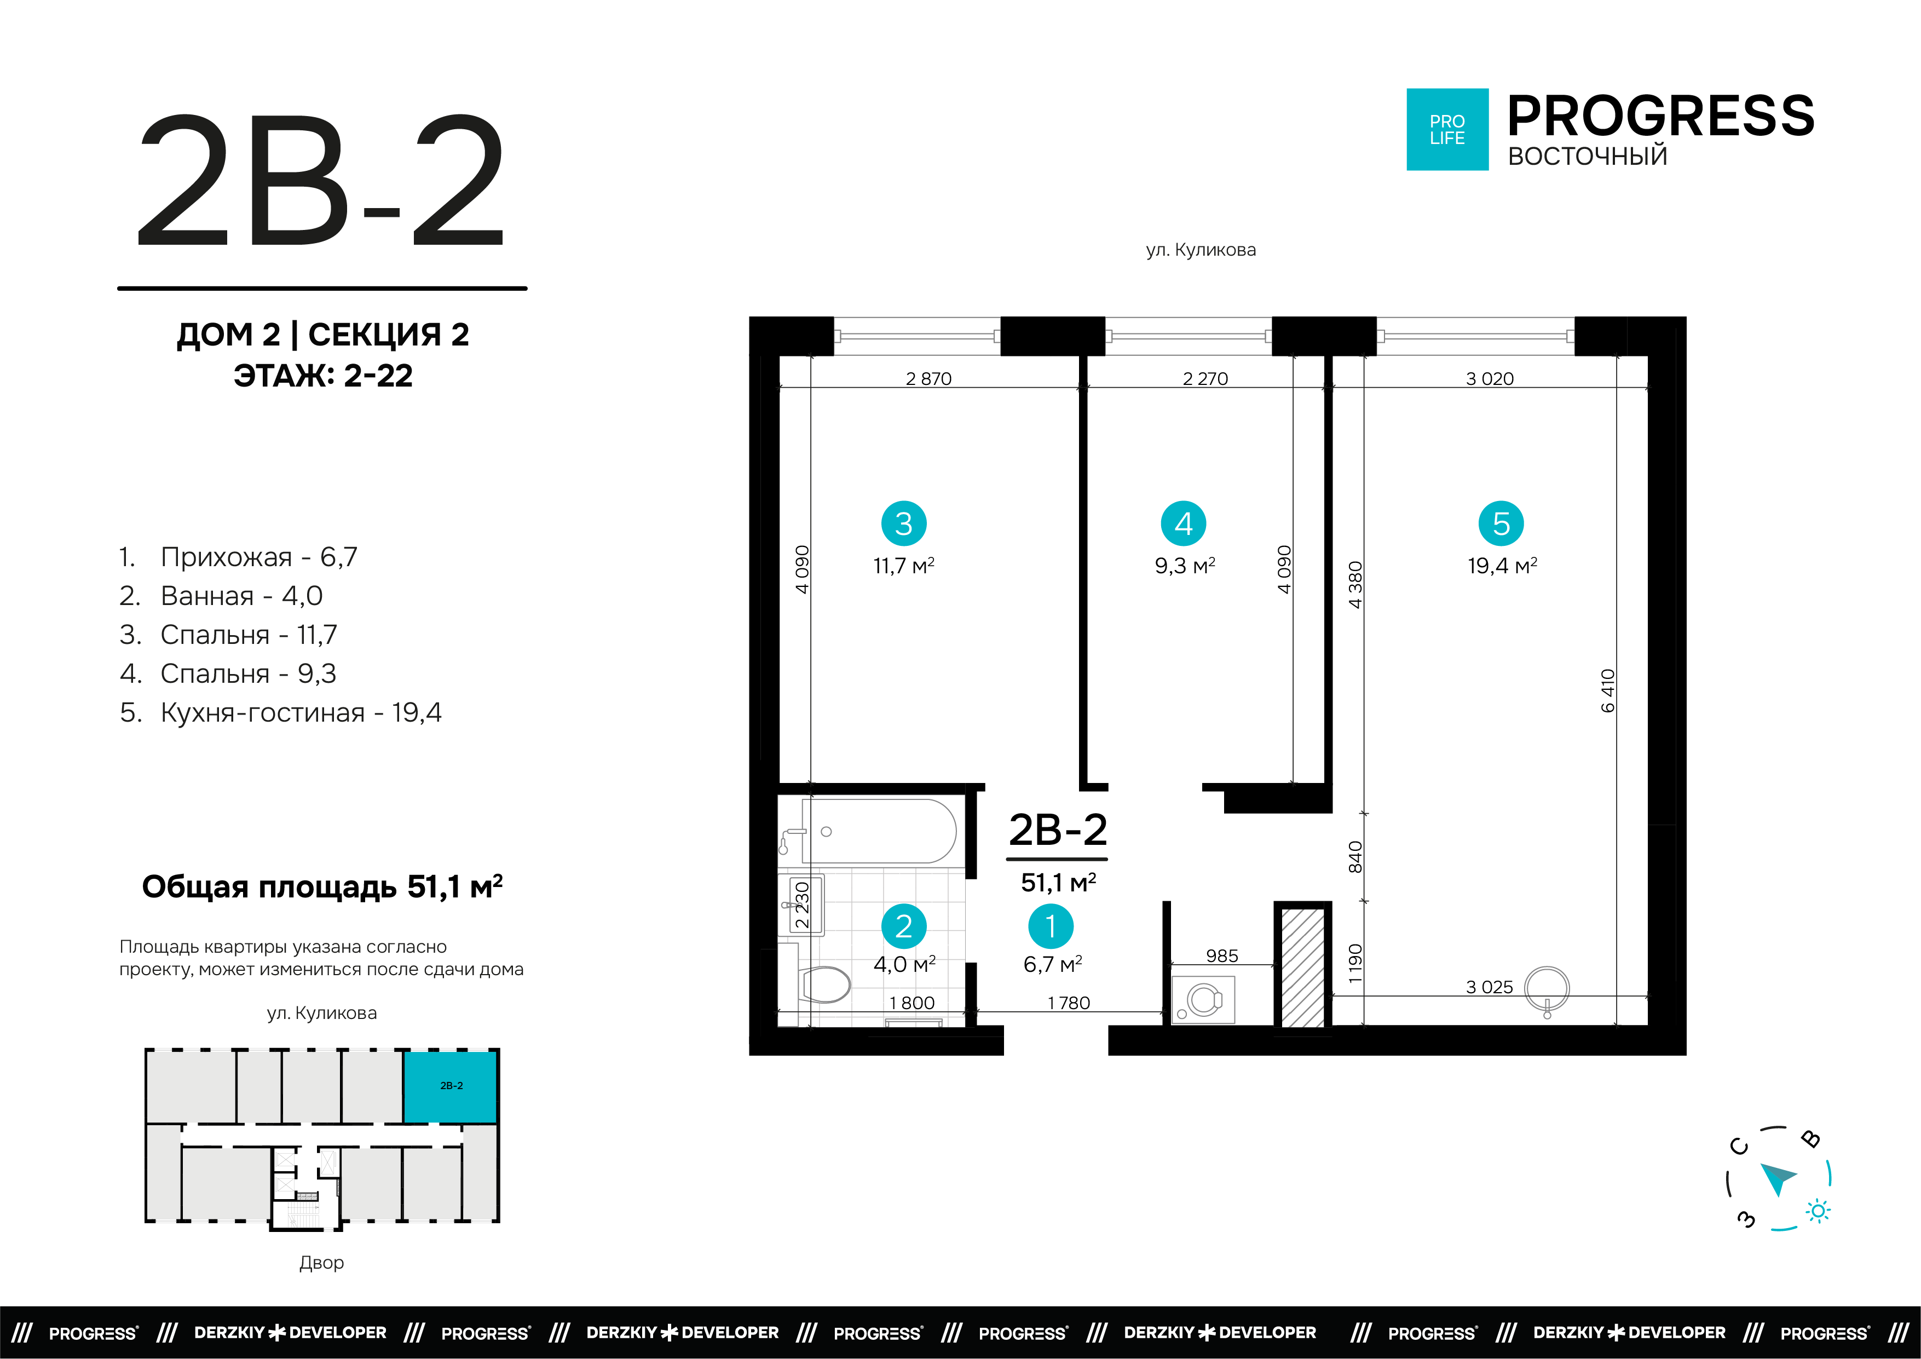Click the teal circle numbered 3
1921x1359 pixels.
pos(904,524)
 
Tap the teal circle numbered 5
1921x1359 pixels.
pos(1501,524)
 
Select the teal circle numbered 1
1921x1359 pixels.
pos(1051,926)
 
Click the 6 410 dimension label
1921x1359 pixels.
pos(1607,690)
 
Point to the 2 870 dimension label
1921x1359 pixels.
pos(928,378)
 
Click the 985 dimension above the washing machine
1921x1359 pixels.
pos(1221,955)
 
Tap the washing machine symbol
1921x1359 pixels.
pos(1203,1000)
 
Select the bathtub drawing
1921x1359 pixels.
pos(879,831)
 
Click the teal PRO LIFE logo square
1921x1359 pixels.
pos(1446,130)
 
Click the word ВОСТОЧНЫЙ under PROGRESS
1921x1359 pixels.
pos(1587,157)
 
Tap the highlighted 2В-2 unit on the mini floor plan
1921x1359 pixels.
pos(451,1086)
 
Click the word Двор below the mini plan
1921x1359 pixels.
pos(321,1262)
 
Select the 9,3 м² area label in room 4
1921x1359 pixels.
pos(1184,566)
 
